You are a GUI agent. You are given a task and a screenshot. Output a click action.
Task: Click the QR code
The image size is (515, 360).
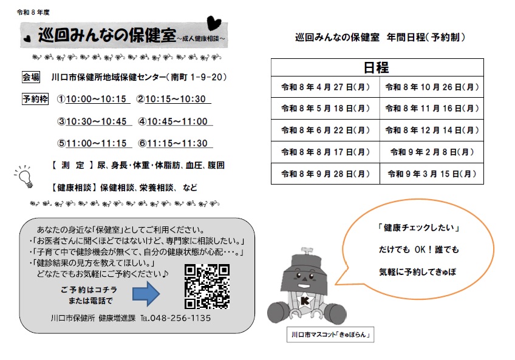pyautogui.click(x=206, y=286)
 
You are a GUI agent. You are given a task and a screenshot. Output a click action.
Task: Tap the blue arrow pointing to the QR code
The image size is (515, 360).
pyautogui.click(x=146, y=294)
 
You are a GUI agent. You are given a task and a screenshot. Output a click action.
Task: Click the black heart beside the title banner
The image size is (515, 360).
pyautogui.click(x=213, y=23)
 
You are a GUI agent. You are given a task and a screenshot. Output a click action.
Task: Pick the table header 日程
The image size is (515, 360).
pyautogui.click(x=377, y=67)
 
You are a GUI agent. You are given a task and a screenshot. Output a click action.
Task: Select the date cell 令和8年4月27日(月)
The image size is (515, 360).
pyautogui.click(x=326, y=87)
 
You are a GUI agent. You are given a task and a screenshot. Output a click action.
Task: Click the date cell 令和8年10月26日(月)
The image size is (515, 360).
pyautogui.click(x=432, y=87)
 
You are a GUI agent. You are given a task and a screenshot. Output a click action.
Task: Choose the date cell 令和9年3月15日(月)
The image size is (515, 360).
pyautogui.click(x=432, y=174)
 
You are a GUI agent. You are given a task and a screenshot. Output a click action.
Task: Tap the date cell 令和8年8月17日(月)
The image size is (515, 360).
pyautogui.click(x=326, y=152)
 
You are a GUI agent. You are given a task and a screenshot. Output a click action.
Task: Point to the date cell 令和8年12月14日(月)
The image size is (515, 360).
pyautogui.click(x=432, y=131)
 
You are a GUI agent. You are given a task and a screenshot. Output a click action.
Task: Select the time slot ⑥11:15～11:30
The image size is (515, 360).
pyautogui.click(x=172, y=144)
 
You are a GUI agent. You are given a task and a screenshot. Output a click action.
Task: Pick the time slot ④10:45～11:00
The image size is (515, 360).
pyautogui.click(x=172, y=121)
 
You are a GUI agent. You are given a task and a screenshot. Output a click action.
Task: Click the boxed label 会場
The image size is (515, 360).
pyautogui.click(x=31, y=77)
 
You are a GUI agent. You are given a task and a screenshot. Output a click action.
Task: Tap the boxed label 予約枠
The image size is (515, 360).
pyautogui.click(x=34, y=99)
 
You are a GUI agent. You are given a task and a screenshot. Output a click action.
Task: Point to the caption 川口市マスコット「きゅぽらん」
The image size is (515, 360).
pyautogui.click(x=330, y=335)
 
